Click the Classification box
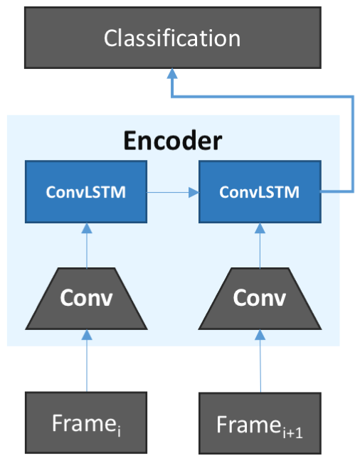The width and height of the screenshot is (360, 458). pos(173,38)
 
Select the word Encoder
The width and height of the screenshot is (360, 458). pos(173,141)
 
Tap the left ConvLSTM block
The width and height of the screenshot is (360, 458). pos(86,191)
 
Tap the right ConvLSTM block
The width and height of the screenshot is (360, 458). pos(260,191)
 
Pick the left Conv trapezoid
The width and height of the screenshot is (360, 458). pos(87,299)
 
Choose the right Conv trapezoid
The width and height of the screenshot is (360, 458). pos(260,299)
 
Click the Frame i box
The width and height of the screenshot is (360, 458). pos(86,422)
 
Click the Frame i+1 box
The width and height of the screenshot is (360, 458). pos(260,423)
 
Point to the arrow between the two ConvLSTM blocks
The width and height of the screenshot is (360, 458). pos(173,193)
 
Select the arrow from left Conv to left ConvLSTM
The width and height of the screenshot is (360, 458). pos(87,245)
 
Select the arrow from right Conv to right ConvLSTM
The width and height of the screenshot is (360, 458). pos(260,245)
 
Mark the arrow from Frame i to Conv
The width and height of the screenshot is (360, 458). pos(87,361)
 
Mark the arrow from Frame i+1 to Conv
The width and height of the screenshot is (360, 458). pos(260,361)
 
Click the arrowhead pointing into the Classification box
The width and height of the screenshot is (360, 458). pos(172,74)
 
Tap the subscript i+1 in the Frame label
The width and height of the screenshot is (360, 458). pos(293,432)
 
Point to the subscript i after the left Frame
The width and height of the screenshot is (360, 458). pos(119,430)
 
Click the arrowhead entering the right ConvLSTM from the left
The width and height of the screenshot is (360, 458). pos(194,193)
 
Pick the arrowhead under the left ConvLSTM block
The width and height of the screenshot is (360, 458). pos(87,228)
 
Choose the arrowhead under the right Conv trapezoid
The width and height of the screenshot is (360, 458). pos(260,335)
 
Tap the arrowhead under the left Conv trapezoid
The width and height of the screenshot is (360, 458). pos(87,335)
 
